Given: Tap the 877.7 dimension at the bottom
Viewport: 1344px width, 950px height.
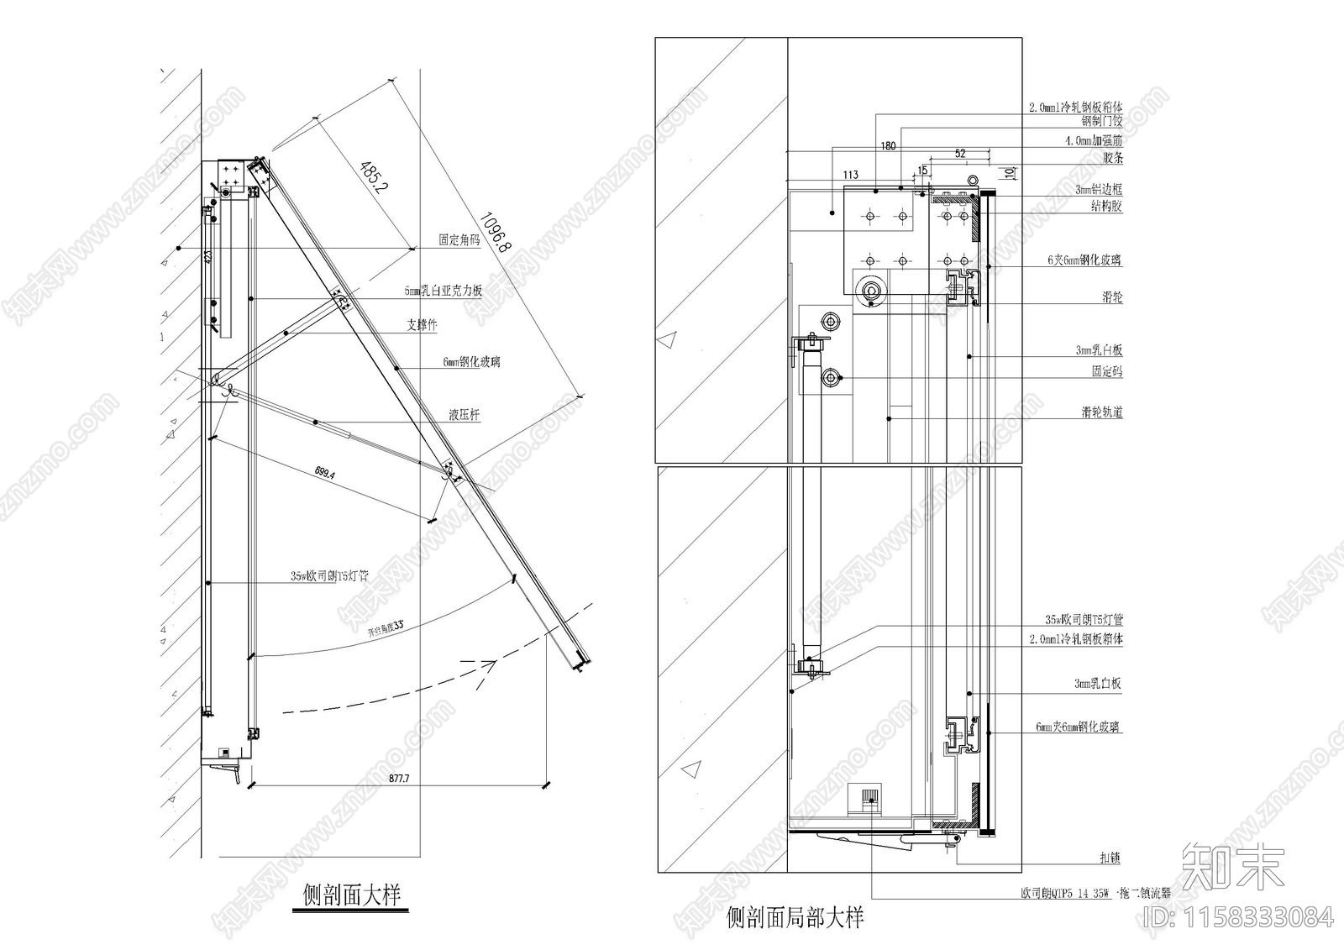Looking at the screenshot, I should pos(399,779).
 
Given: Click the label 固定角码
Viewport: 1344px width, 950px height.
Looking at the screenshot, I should pos(459,240).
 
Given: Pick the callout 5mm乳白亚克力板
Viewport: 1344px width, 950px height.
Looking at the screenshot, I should pos(443,291).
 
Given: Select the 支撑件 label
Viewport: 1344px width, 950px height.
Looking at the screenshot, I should pos(422,325).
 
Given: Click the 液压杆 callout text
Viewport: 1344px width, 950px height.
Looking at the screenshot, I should pos(464,415).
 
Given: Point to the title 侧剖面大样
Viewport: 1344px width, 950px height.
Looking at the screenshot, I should pos(352,895).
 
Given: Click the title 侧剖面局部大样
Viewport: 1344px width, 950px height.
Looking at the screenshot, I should pos(795,917).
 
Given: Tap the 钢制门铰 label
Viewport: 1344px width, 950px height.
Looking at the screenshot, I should pos(1101,122).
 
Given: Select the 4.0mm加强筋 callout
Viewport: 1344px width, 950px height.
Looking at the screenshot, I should pos(1093,141).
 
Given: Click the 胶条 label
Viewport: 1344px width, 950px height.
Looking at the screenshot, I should pos(1112,158).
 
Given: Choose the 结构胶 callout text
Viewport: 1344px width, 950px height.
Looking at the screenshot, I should pos(1106,207).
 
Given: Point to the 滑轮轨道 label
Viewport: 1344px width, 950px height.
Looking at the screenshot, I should pos(1101,412).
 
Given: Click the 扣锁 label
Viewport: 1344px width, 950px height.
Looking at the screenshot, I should pos(1110,858).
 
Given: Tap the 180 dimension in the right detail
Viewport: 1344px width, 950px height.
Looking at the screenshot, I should pos(888,146).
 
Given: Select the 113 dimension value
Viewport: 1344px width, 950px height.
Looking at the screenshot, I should pos(850,175).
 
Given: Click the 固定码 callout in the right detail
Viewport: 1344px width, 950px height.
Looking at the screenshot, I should pos(1106,371).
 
